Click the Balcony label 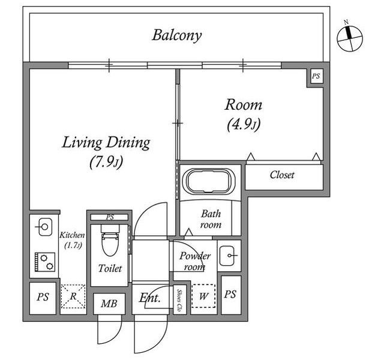tap(177, 35)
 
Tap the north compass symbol tap(350, 38)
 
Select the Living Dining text tap(106, 143)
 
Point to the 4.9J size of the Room tap(244, 124)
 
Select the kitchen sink tap(45, 227)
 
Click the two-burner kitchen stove tap(45, 262)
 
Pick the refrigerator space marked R tap(73, 296)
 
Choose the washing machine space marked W tap(203, 296)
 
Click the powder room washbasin tap(227, 256)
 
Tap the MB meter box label tap(109, 304)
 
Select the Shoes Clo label tap(179, 301)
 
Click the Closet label tap(282, 175)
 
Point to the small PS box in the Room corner tap(316, 76)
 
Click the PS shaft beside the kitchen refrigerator tap(43, 298)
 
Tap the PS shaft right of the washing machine tap(230, 295)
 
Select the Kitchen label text tap(72, 235)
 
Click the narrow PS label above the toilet tap(110, 217)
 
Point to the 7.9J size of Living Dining tap(106, 162)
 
